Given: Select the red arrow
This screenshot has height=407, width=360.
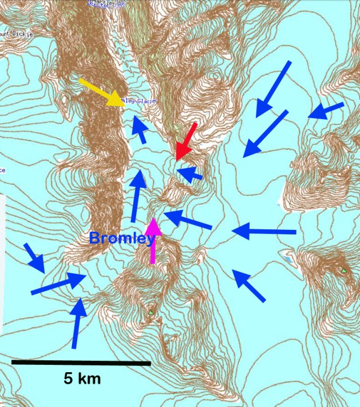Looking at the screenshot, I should [186, 141].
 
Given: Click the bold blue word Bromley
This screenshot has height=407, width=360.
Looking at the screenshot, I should [122, 239].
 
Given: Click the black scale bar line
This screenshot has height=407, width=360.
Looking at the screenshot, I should [81, 363].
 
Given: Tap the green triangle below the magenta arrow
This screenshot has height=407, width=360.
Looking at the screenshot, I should [151, 310].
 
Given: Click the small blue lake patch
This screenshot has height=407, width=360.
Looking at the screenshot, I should [289, 261].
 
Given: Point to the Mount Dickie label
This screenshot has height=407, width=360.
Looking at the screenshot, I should [17, 34].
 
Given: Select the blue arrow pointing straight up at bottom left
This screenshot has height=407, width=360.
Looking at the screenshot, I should [78, 323].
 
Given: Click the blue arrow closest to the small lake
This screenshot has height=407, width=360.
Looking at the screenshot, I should [248, 284].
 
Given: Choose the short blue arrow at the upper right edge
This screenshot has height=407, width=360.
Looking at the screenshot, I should [326, 110].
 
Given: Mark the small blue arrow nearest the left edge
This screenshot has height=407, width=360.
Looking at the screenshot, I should [35, 258].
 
